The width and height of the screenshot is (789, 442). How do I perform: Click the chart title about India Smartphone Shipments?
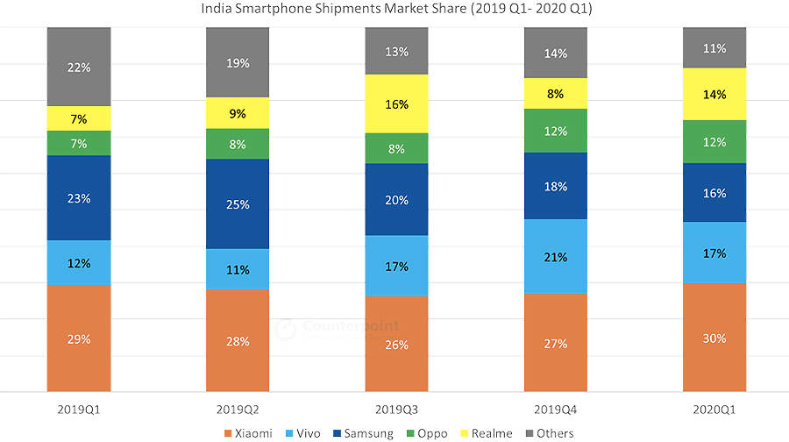[395, 10]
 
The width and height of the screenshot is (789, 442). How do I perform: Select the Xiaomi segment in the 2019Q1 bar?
[79, 339]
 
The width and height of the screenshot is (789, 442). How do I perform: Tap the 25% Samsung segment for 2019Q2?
[238, 203]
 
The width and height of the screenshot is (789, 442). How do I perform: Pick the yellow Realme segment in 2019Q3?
[396, 103]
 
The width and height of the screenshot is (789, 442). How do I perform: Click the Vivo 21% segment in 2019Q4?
[555, 256]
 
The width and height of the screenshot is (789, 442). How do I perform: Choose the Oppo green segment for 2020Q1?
[714, 141]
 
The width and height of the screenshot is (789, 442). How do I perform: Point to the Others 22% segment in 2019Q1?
[79, 67]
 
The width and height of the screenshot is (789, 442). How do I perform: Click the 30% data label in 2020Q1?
[714, 338]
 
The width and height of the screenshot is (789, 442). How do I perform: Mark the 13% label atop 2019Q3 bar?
[396, 51]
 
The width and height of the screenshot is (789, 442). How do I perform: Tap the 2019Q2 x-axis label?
[238, 410]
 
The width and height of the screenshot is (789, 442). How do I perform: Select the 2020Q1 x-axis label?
[714, 410]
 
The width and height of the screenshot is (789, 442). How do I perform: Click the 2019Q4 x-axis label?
[555, 410]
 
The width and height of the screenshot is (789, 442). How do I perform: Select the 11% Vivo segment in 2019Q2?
[238, 268]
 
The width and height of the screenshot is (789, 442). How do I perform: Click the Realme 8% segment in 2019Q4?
[555, 93]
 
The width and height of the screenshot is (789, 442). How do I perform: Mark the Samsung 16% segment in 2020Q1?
[714, 192]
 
